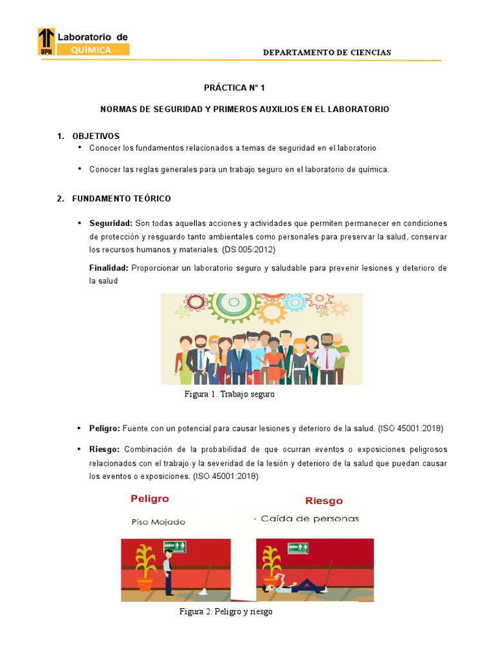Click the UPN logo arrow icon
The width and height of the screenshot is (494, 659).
pyautogui.click(x=46, y=41)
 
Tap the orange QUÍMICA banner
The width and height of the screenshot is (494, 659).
pyautogui.click(x=93, y=50)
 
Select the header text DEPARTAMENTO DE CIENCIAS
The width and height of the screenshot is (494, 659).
pyautogui.click(x=327, y=52)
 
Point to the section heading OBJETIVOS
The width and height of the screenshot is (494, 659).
pyautogui.click(x=96, y=136)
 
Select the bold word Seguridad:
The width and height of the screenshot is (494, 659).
pyautogui.click(x=111, y=223)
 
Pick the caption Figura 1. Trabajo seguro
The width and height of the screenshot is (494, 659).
pyautogui.click(x=229, y=394)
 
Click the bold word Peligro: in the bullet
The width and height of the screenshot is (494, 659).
pyautogui.click(x=104, y=428)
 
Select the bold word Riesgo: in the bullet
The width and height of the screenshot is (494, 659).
pyautogui.click(x=104, y=449)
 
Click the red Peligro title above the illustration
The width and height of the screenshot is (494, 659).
pyautogui.click(x=149, y=498)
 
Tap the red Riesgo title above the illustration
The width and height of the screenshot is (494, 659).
pyautogui.click(x=324, y=500)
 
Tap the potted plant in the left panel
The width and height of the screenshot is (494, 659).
pyautogui.click(x=145, y=566)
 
